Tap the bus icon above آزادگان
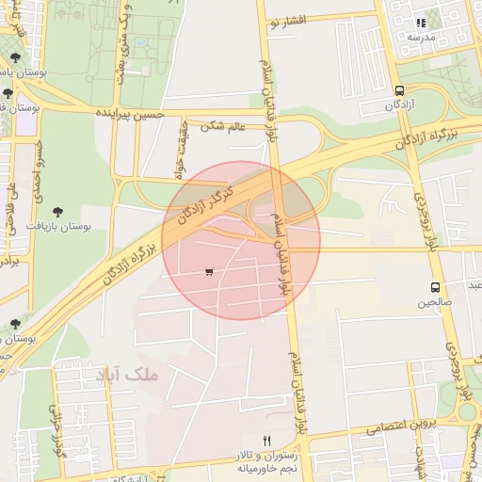400,91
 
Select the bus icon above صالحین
435,287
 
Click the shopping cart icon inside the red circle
208,272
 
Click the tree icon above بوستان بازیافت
58,212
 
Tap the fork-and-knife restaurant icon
266,441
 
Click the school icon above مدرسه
421,22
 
